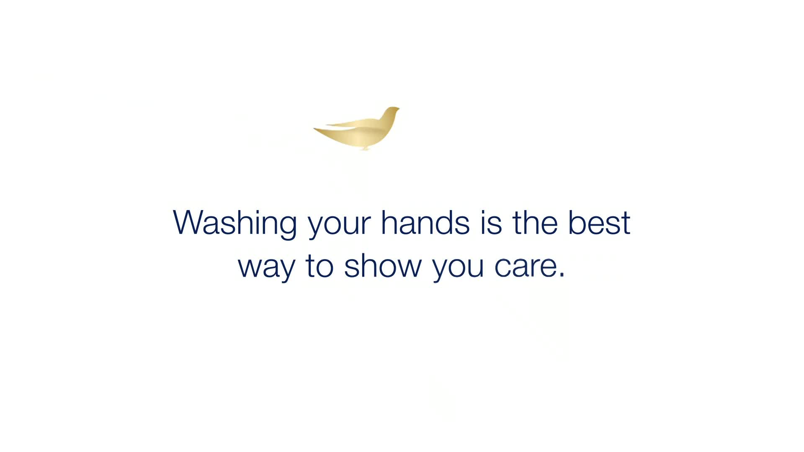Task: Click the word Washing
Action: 235,223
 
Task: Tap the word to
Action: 320,265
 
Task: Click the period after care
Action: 562,275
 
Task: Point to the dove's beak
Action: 398,109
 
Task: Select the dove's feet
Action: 365,148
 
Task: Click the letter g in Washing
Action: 286,228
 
